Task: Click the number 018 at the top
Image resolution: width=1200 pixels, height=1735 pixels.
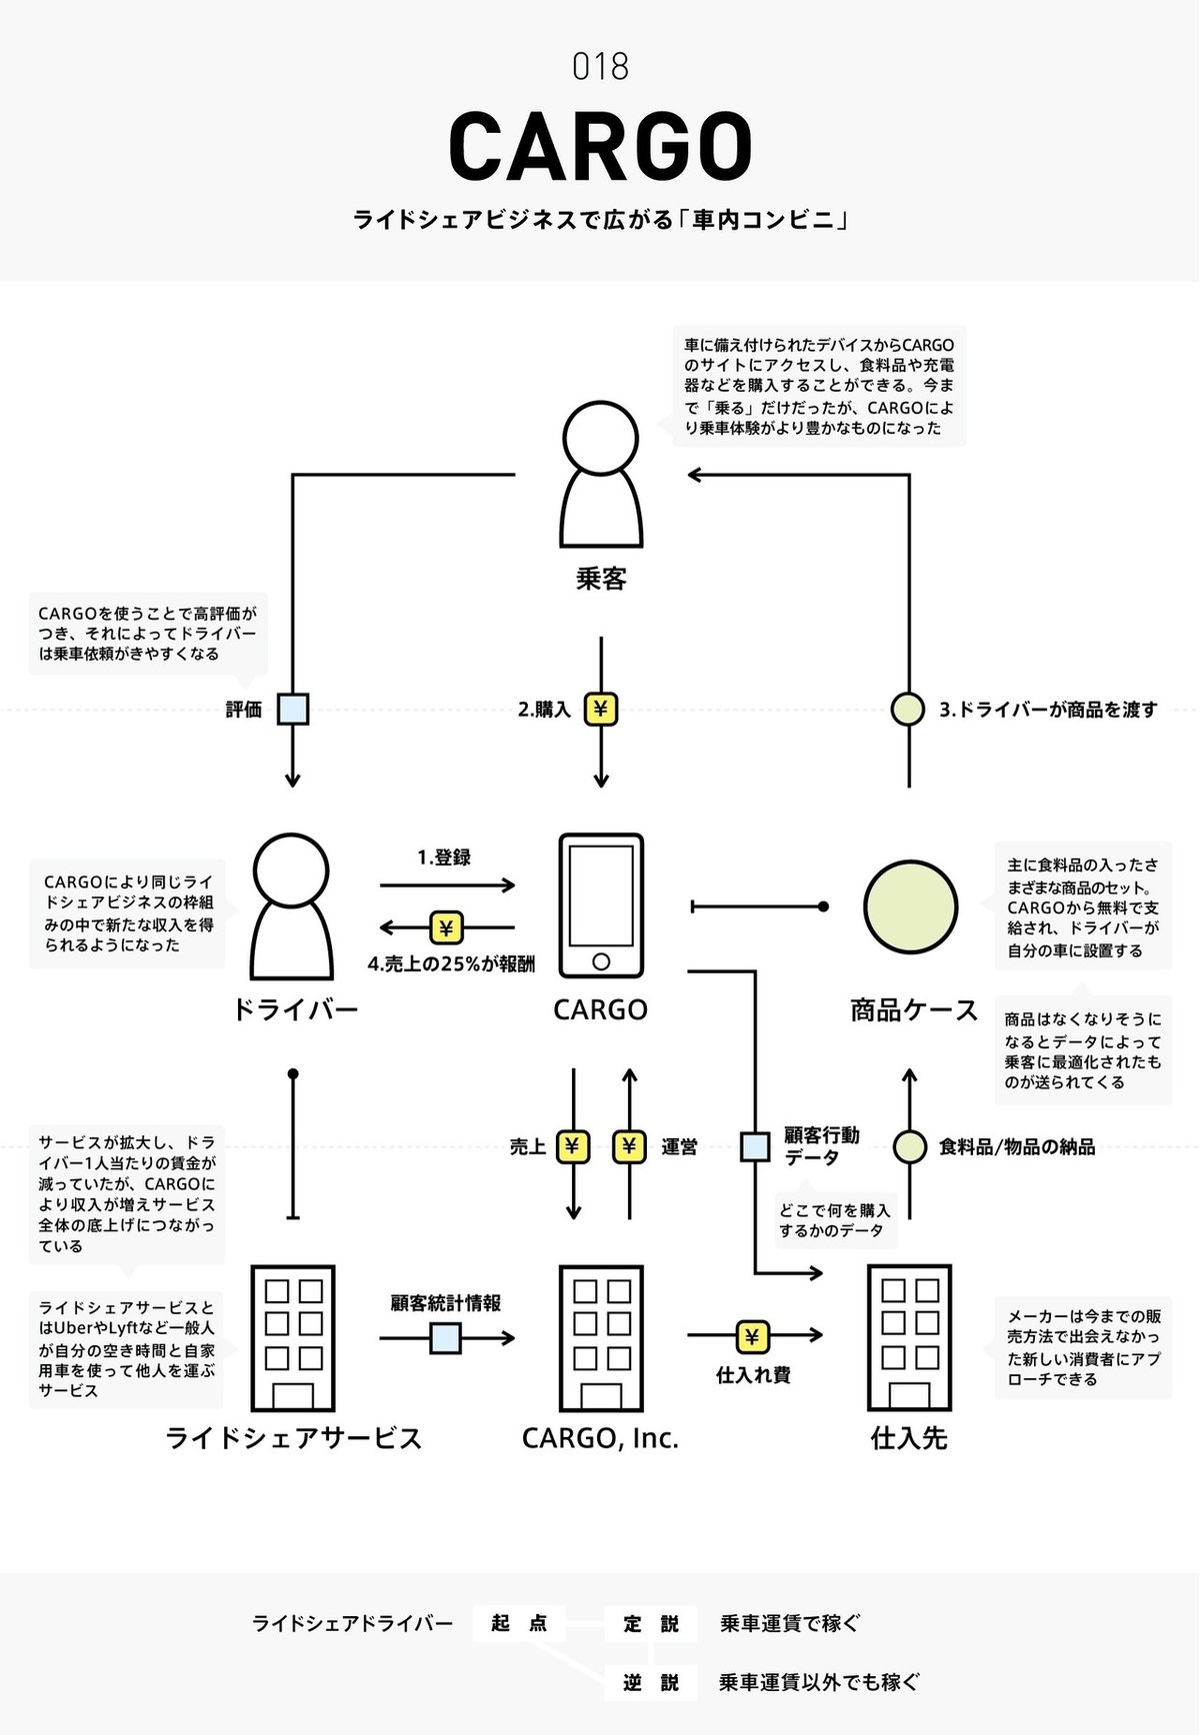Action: [600, 67]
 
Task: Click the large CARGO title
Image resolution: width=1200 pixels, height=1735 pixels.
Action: [600, 145]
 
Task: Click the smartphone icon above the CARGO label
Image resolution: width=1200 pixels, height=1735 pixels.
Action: [600, 905]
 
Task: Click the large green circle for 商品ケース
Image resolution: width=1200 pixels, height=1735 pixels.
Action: [910, 906]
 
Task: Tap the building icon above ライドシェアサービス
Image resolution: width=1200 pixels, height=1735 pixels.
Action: [293, 1337]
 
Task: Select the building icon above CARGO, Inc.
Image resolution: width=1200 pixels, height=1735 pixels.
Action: [600, 1337]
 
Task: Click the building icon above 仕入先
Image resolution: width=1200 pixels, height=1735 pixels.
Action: [909, 1337]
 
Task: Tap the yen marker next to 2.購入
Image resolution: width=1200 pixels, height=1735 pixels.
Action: [601, 710]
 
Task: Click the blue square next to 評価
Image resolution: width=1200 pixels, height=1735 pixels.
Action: [293, 710]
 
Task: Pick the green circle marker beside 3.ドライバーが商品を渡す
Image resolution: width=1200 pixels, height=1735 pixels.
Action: [908, 710]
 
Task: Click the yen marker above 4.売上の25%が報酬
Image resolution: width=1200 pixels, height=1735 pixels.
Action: [446, 928]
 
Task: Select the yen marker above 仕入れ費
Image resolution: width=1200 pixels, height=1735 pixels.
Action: [753, 1336]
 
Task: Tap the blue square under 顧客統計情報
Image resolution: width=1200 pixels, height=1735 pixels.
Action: [446, 1337]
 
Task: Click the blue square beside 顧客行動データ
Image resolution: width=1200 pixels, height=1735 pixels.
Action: [755, 1146]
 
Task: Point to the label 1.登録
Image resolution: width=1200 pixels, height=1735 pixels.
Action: [444, 858]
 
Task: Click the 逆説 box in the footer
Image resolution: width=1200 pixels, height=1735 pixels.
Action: [651, 1682]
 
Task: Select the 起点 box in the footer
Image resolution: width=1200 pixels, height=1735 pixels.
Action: [519, 1623]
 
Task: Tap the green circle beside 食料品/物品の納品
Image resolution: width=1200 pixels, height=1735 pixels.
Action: [909, 1146]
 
